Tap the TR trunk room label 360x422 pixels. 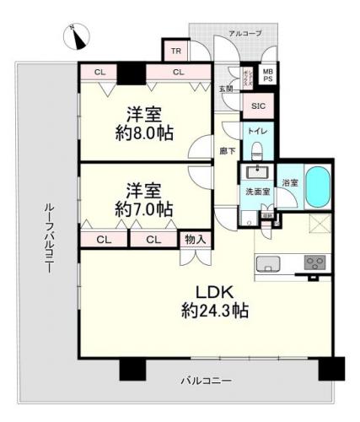pos(175,51)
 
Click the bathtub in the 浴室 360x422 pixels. pos(317,187)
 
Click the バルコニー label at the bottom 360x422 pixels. pos(205,381)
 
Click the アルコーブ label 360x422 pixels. pos(245,34)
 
